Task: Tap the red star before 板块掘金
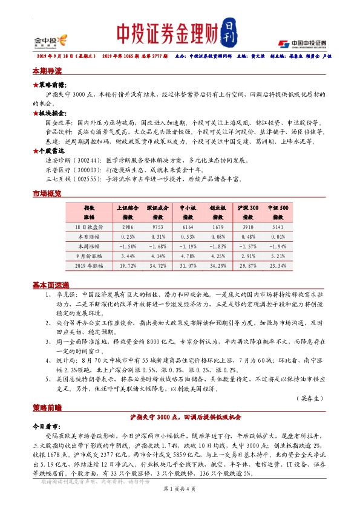pos(34,112)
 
